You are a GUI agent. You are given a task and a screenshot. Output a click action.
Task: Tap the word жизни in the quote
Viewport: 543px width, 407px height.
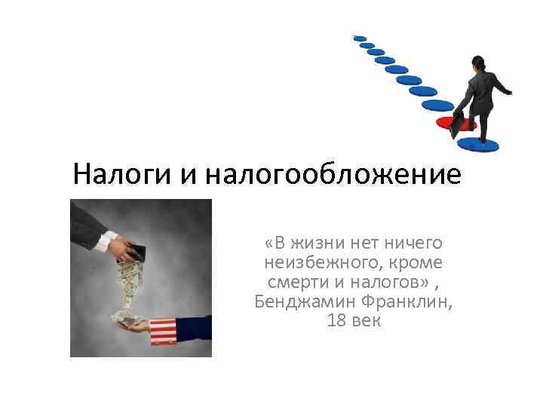321,243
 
